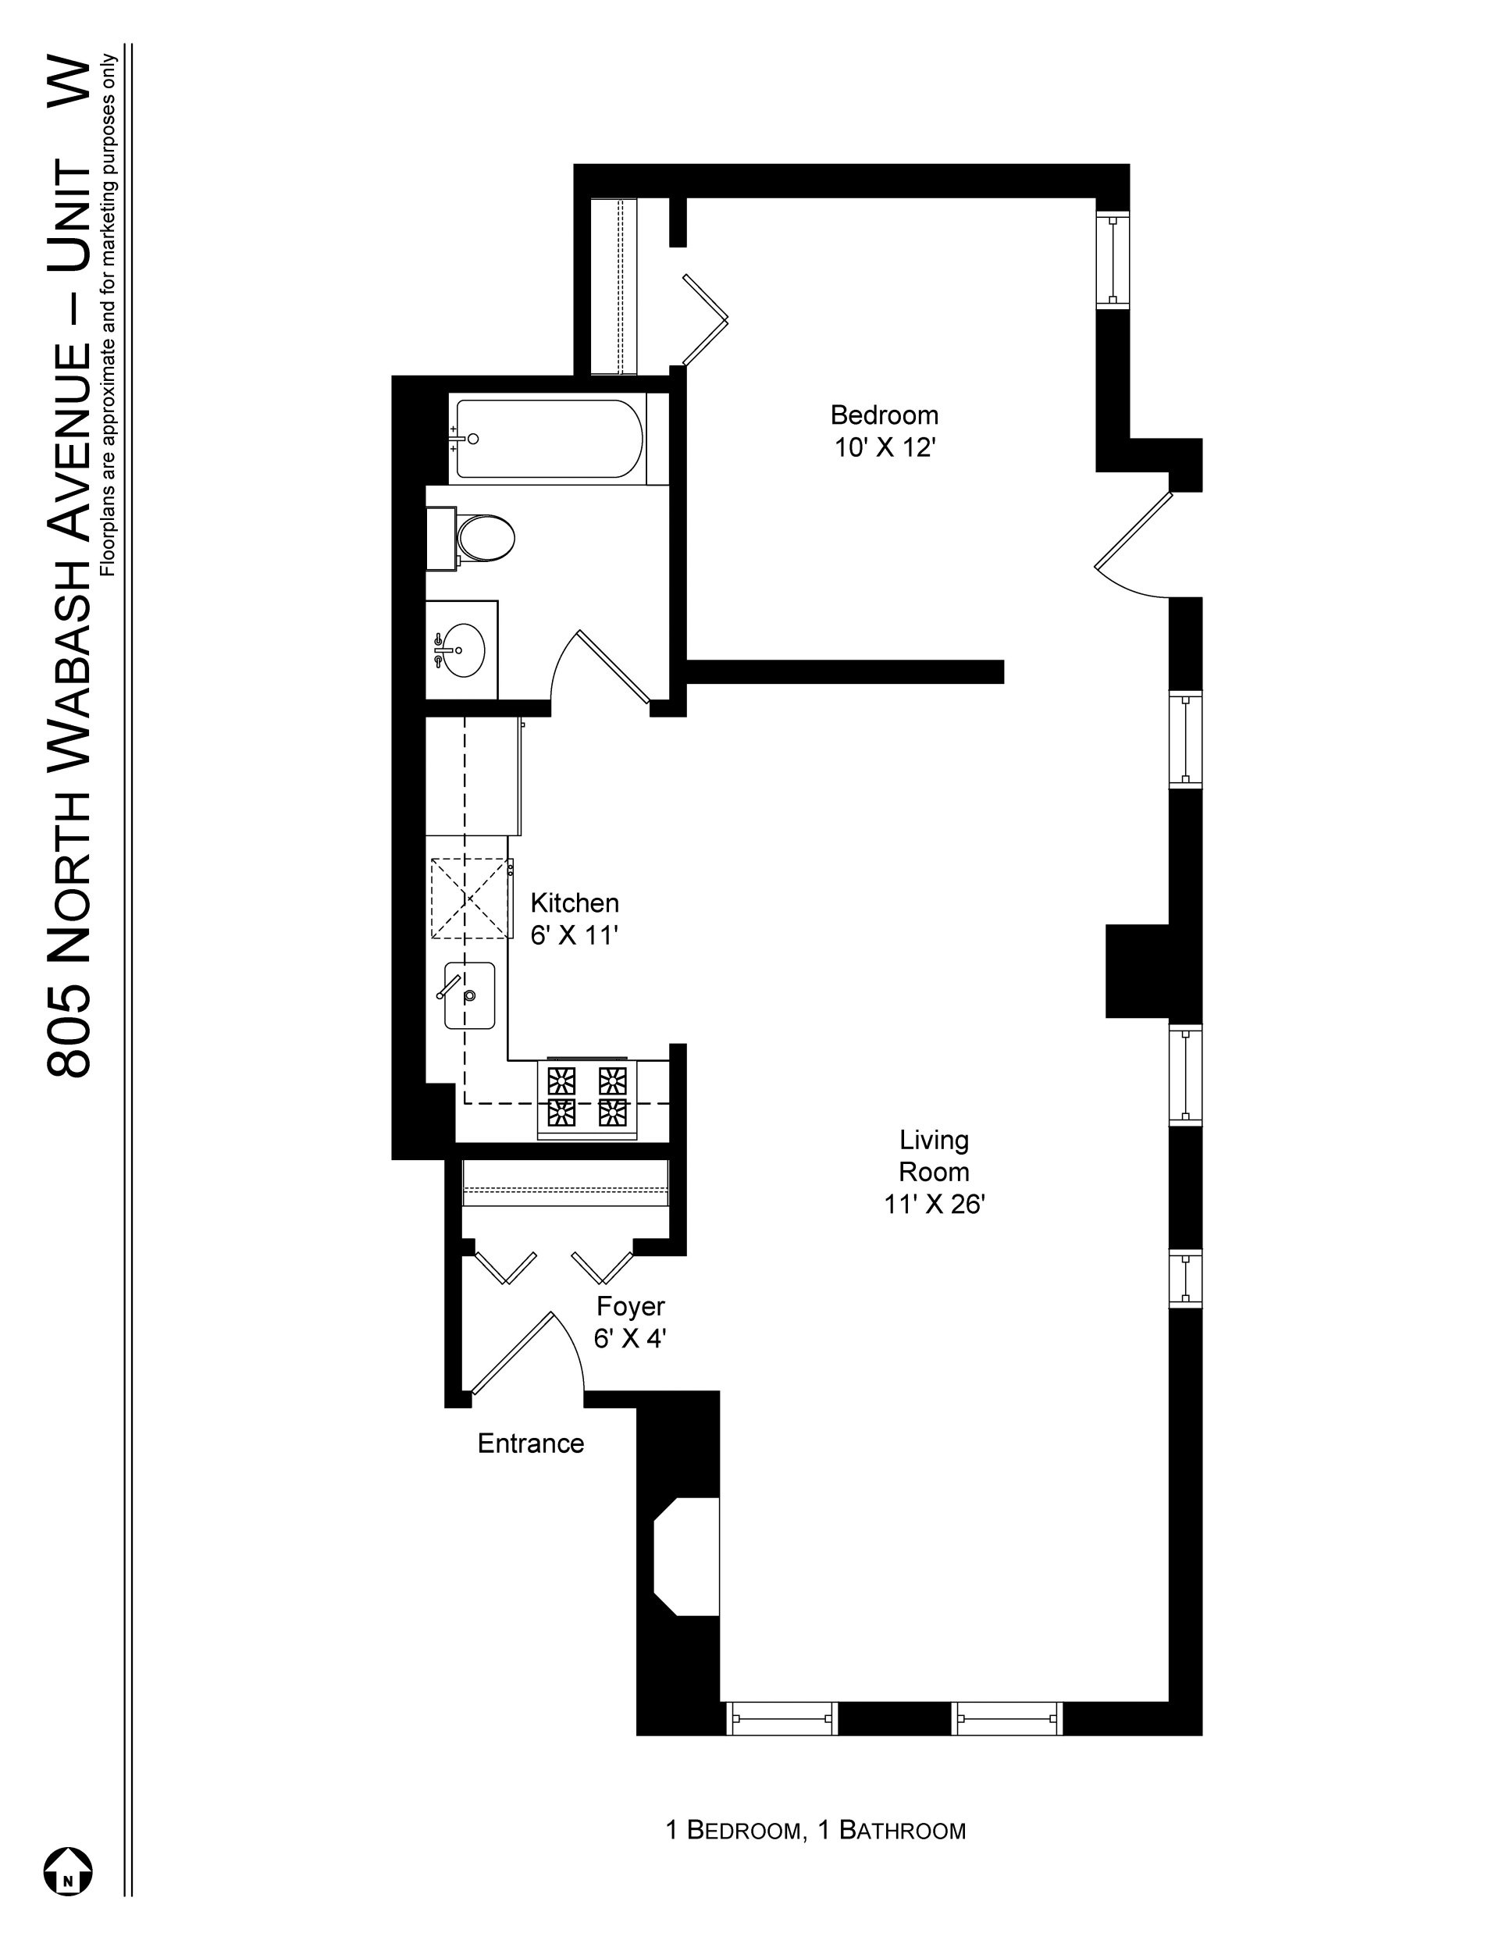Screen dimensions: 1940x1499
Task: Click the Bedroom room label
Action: pos(883,415)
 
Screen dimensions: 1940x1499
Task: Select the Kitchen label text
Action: pos(574,902)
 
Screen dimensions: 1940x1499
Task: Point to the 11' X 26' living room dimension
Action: pos(934,1204)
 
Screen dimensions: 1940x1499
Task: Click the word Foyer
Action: pos(630,1306)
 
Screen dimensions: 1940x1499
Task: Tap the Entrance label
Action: pos(530,1443)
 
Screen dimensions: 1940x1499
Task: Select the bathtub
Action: pos(548,439)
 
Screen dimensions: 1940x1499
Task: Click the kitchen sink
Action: pos(470,995)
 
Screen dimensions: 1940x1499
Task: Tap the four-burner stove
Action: pos(586,1096)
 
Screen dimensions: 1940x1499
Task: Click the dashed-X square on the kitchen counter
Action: pos(472,898)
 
